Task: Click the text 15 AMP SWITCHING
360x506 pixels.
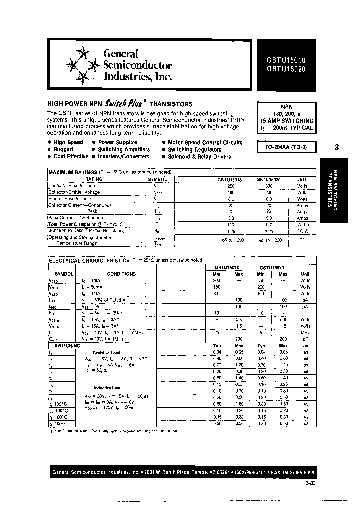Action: [x=286, y=121]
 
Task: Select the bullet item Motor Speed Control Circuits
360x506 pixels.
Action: [x=205, y=142]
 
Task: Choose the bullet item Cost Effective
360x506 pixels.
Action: [x=71, y=156]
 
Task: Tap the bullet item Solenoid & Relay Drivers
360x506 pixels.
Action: [x=199, y=156]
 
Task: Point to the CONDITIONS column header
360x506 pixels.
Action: [x=121, y=274]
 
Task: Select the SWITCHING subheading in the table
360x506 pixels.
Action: [x=67, y=345]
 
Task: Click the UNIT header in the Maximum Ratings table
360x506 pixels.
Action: [x=302, y=179]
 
